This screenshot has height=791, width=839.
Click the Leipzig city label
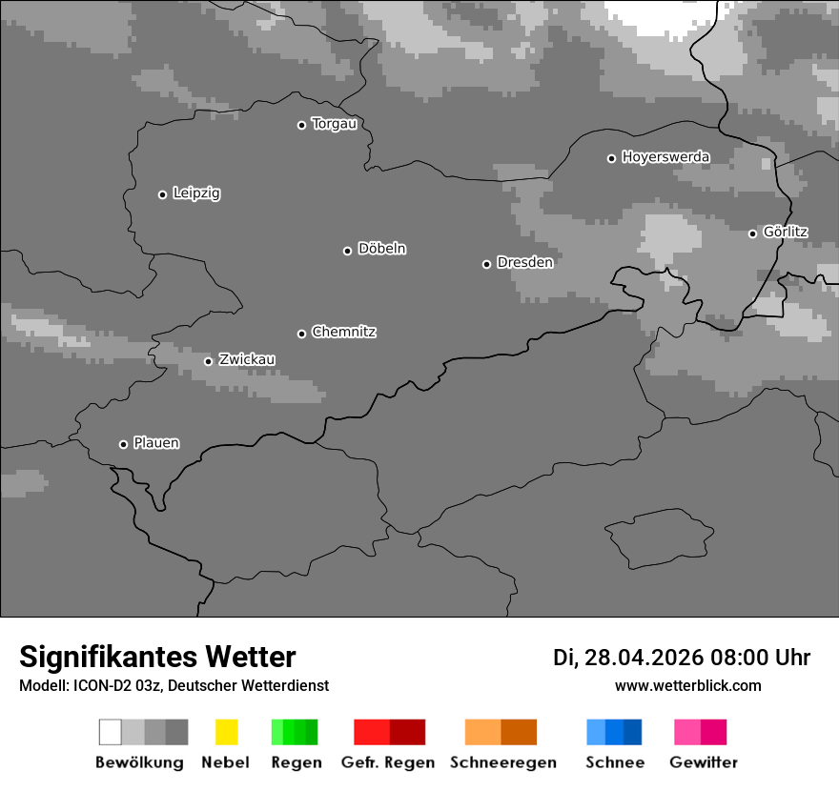196,193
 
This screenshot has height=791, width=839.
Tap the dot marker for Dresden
486,264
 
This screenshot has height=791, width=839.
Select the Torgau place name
334,124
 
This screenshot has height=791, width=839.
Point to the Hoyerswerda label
665,157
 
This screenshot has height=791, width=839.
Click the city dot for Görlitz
752,233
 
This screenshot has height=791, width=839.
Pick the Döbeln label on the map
381,249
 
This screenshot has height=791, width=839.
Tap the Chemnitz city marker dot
301,334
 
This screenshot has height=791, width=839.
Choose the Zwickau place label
247,359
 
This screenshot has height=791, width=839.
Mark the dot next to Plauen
123,444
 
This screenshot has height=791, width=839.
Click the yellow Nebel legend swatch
226,732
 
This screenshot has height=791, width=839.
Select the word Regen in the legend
297,762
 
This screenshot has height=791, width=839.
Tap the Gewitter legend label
704,762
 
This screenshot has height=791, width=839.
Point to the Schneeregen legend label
503,762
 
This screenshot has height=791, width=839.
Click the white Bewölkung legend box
111,732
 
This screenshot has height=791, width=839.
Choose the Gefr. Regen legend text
388,762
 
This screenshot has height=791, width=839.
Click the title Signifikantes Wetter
157,658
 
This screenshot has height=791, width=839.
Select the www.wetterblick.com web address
687,685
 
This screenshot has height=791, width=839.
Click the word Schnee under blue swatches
615,762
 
